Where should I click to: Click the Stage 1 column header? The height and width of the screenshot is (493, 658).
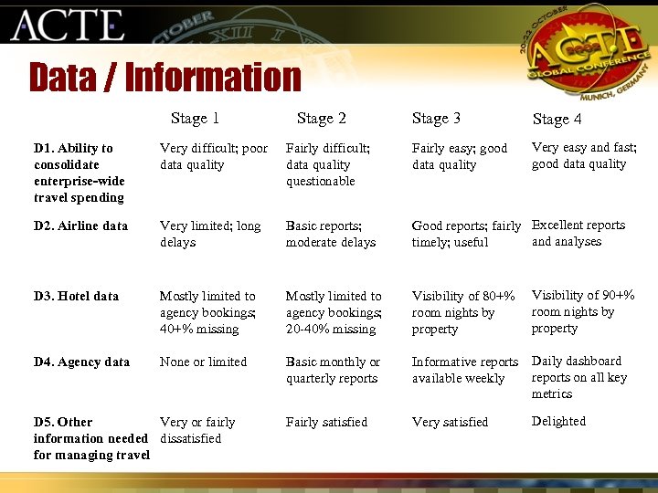click(x=195, y=118)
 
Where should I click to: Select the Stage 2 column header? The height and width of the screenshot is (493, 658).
click(x=321, y=118)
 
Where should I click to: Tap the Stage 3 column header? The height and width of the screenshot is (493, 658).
click(x=436, y=118)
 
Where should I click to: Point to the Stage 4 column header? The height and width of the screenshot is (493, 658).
click(x=557, y=119)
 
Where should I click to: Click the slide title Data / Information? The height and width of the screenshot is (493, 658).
click(x=164, y=78)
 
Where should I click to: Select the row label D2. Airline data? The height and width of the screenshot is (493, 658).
click(x=80, y=226)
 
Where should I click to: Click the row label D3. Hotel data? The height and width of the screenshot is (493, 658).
click(x=76, y=296)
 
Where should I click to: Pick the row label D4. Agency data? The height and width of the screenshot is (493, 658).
click(x=81, y=362)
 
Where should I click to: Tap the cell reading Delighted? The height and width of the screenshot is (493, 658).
click(x=558, y=421)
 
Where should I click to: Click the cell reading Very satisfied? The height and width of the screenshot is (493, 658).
click(x=450, y=422)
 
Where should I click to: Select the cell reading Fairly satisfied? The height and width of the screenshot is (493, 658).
click(x=326, y=422)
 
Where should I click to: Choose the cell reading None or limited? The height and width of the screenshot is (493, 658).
click(x=203, y=362)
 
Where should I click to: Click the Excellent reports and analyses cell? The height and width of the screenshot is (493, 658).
click(x=578, y=233)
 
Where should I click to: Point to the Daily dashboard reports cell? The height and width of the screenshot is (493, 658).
click(x=579, y=377)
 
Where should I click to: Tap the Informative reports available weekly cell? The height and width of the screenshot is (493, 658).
click(x=464, y=370)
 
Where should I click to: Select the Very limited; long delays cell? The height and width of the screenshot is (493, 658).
click(x=209, y=234)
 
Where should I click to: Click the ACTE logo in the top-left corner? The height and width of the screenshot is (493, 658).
click(x=67, y=25)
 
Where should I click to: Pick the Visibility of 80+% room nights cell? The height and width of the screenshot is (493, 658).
click(x=462, y=312)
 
